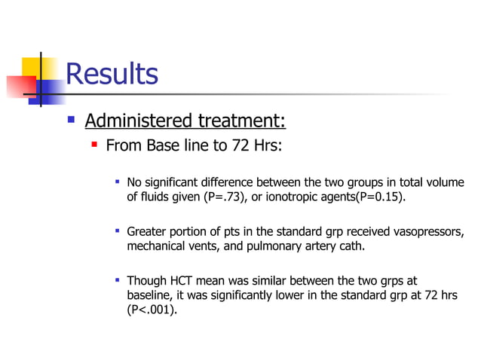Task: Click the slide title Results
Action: [112, 74]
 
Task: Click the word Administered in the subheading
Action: [139, 121]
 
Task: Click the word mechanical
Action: [156, 246]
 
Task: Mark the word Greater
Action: [149, 231]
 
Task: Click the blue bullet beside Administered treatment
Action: [71, 119]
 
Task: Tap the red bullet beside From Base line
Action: [94, 143]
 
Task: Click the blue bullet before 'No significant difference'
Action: [117, 182]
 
